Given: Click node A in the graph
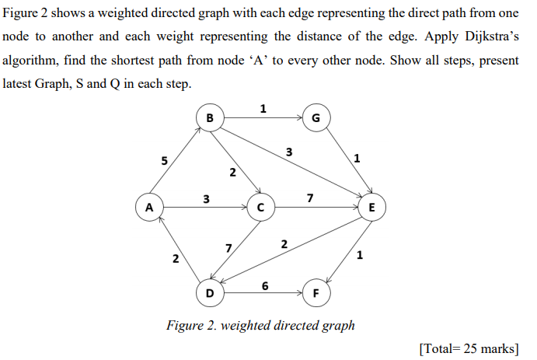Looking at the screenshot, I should coord(148,207).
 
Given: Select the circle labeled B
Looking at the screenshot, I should coord(208,117).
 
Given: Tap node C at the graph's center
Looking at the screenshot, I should coord(260,208).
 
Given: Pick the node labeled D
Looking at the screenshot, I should coord(208,294).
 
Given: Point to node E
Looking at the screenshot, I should coord(371,208).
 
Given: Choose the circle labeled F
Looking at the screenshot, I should coord(315,294).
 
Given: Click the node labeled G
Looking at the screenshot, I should coord(315,118).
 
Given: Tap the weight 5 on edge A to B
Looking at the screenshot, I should coord(164,161).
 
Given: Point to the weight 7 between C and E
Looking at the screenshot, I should coord(310,198).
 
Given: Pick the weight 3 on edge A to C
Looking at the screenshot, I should coord(205,198).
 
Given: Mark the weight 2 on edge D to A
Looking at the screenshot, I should coord(176,257).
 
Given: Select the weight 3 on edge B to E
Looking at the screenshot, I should coord(289,152).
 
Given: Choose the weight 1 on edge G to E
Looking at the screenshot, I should coord(356,159).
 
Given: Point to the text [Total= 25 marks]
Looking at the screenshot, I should coord(469,347).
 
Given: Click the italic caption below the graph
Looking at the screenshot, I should coord(260,325).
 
